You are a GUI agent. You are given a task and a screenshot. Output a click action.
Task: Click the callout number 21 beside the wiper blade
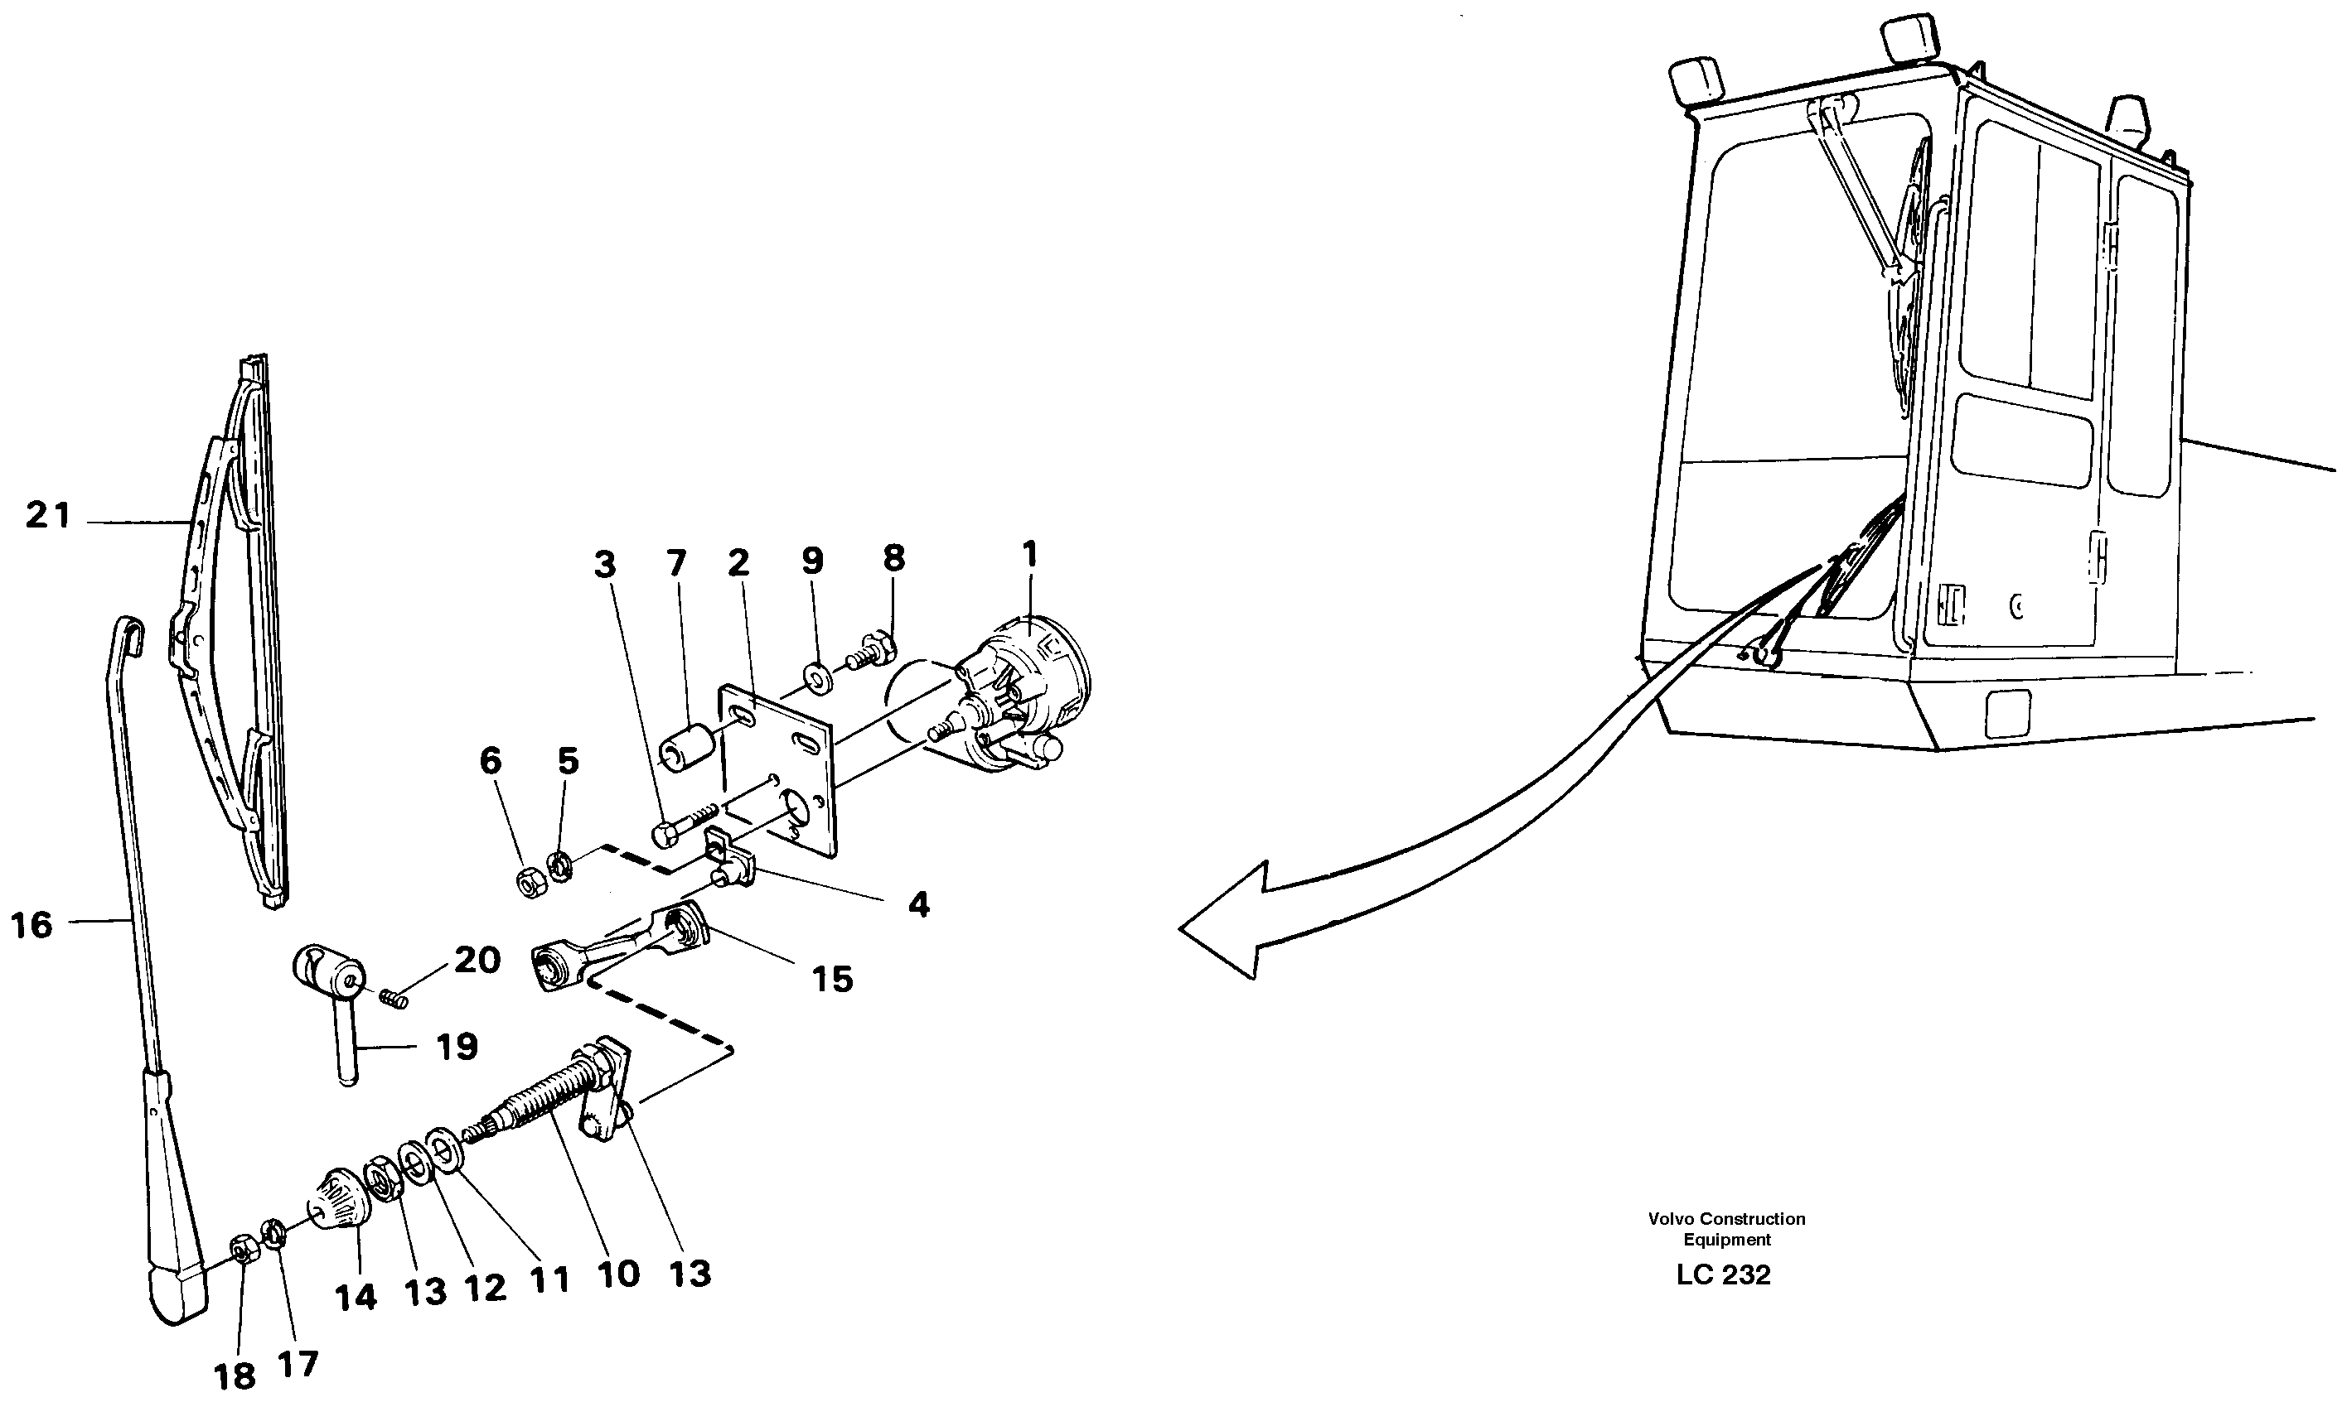pos(47,516)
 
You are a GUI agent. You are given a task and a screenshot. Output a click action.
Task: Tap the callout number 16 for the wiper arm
pos(31,925)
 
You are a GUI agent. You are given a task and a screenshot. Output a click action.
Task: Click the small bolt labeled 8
pos(868,652)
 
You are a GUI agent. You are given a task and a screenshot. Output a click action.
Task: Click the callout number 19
pos(457,1047)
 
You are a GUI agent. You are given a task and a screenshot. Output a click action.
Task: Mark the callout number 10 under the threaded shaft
pos(619,1274)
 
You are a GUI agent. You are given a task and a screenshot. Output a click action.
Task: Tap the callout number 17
pos(298,1363)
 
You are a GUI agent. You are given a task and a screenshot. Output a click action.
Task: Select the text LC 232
pos(1723,1274)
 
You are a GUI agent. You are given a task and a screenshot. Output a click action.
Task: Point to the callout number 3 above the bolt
pos(604,565)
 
